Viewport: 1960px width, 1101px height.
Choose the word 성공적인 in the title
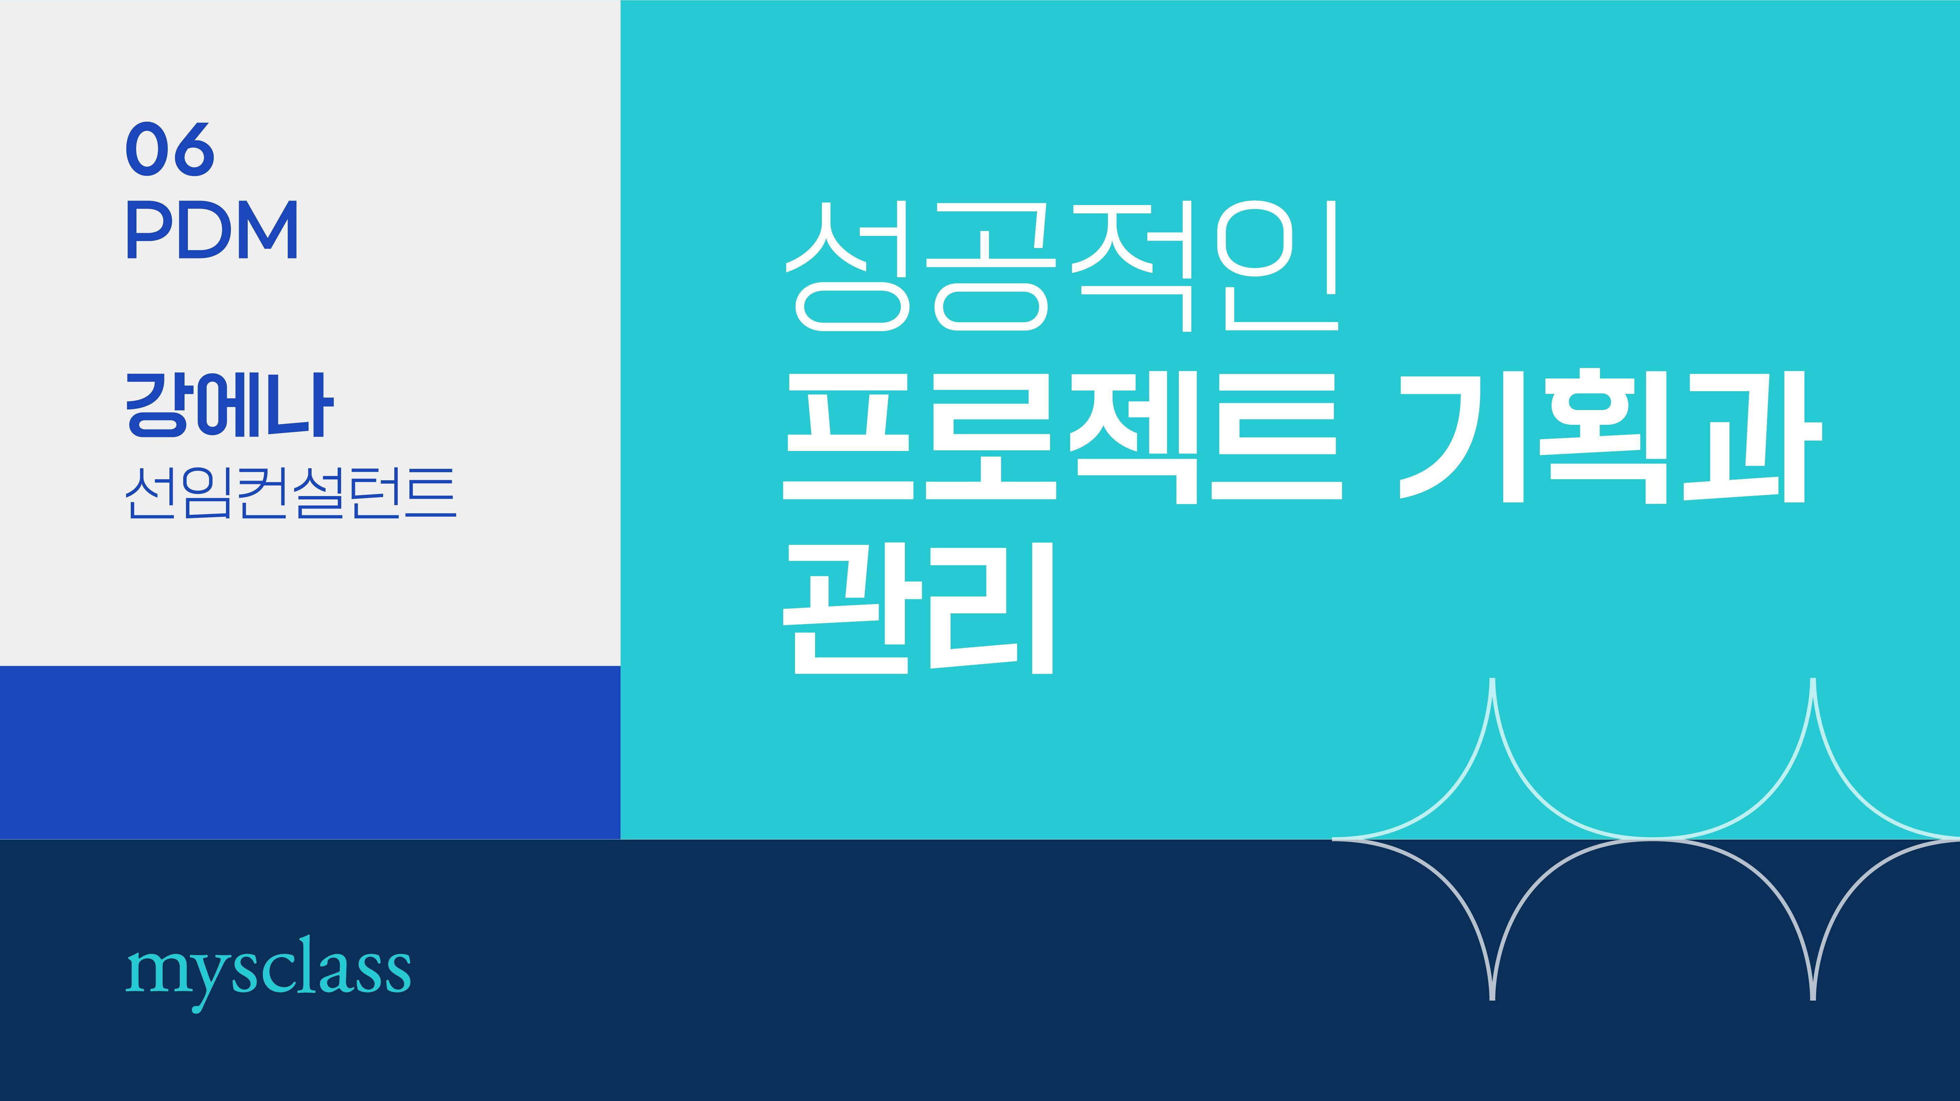coord(1062,266)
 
